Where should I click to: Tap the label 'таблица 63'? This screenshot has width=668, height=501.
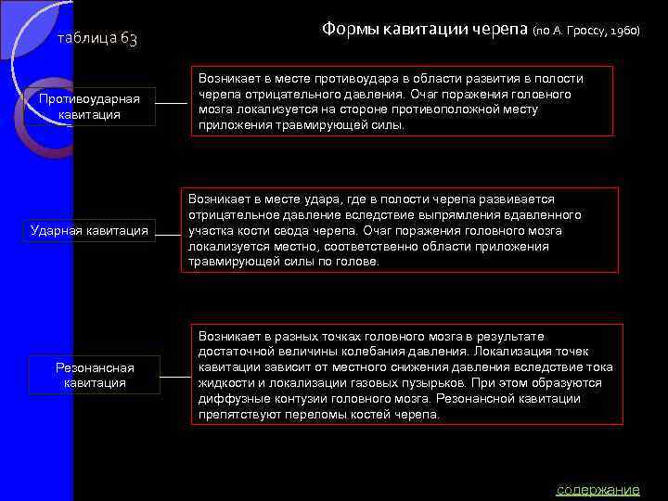pyautogui.click(x=97, y=39)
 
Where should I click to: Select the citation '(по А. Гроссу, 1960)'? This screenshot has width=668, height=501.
pyautogui.click(x=586, y=31)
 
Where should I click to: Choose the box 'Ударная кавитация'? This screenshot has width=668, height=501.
pyautogui.click(x=89, y=230)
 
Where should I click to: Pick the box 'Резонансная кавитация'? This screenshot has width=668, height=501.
pyautogui.click(x=95, y=375)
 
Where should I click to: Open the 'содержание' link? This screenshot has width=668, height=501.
pyautogui.click(x=597, y=489)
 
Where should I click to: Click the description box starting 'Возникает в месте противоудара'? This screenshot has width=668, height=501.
pyautogui.click(x=402, y=101)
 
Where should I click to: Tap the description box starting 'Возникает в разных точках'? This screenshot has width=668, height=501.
pyautogui.click(x=406, y=374)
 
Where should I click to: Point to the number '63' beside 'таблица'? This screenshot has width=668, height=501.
pyautogui.click(x=129, y=39)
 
